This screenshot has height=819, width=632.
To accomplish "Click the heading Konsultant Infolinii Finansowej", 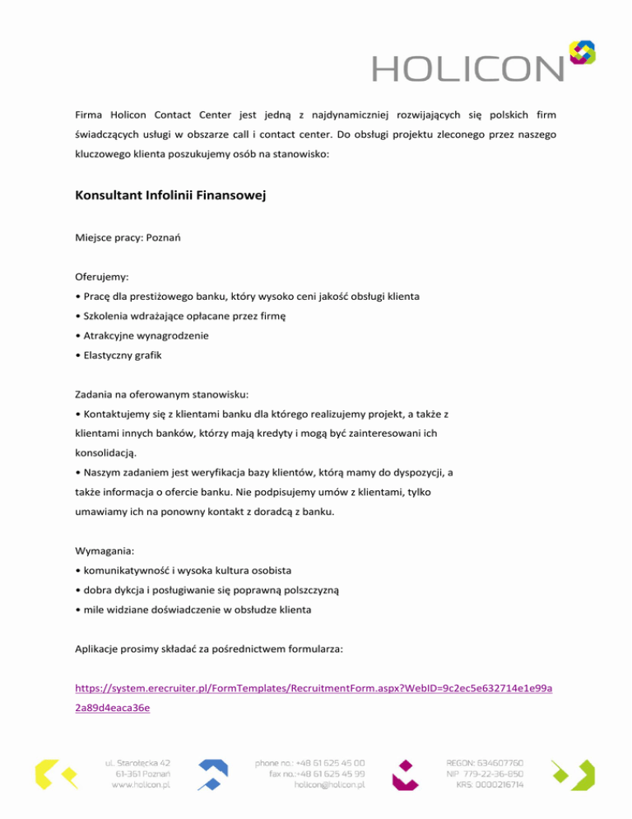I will (173, 198).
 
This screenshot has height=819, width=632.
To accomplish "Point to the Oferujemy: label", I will (103, 278).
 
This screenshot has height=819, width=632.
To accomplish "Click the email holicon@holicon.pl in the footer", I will (330, 786).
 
